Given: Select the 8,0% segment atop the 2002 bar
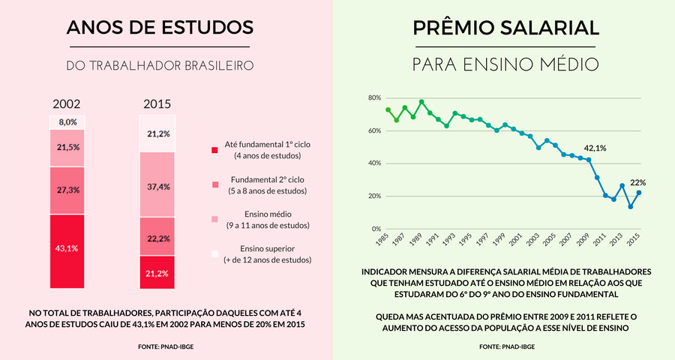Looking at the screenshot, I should click(67, 121).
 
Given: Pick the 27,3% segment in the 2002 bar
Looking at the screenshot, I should click(67, 190).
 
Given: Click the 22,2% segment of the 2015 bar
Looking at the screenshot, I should click(157, 236).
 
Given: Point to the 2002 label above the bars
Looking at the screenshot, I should click(67, 104).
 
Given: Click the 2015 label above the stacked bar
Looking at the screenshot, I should click(157, 104).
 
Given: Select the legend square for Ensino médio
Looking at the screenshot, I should click(215, 219).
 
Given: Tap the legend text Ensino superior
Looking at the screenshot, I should click(266, 248).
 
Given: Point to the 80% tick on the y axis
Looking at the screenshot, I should click(376, 98).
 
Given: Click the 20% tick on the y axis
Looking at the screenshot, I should click(376, 196).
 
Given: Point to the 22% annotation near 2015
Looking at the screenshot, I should click(637, 182).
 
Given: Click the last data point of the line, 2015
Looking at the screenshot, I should click(639, 193).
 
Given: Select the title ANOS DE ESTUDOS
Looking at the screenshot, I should click(160, 28).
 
